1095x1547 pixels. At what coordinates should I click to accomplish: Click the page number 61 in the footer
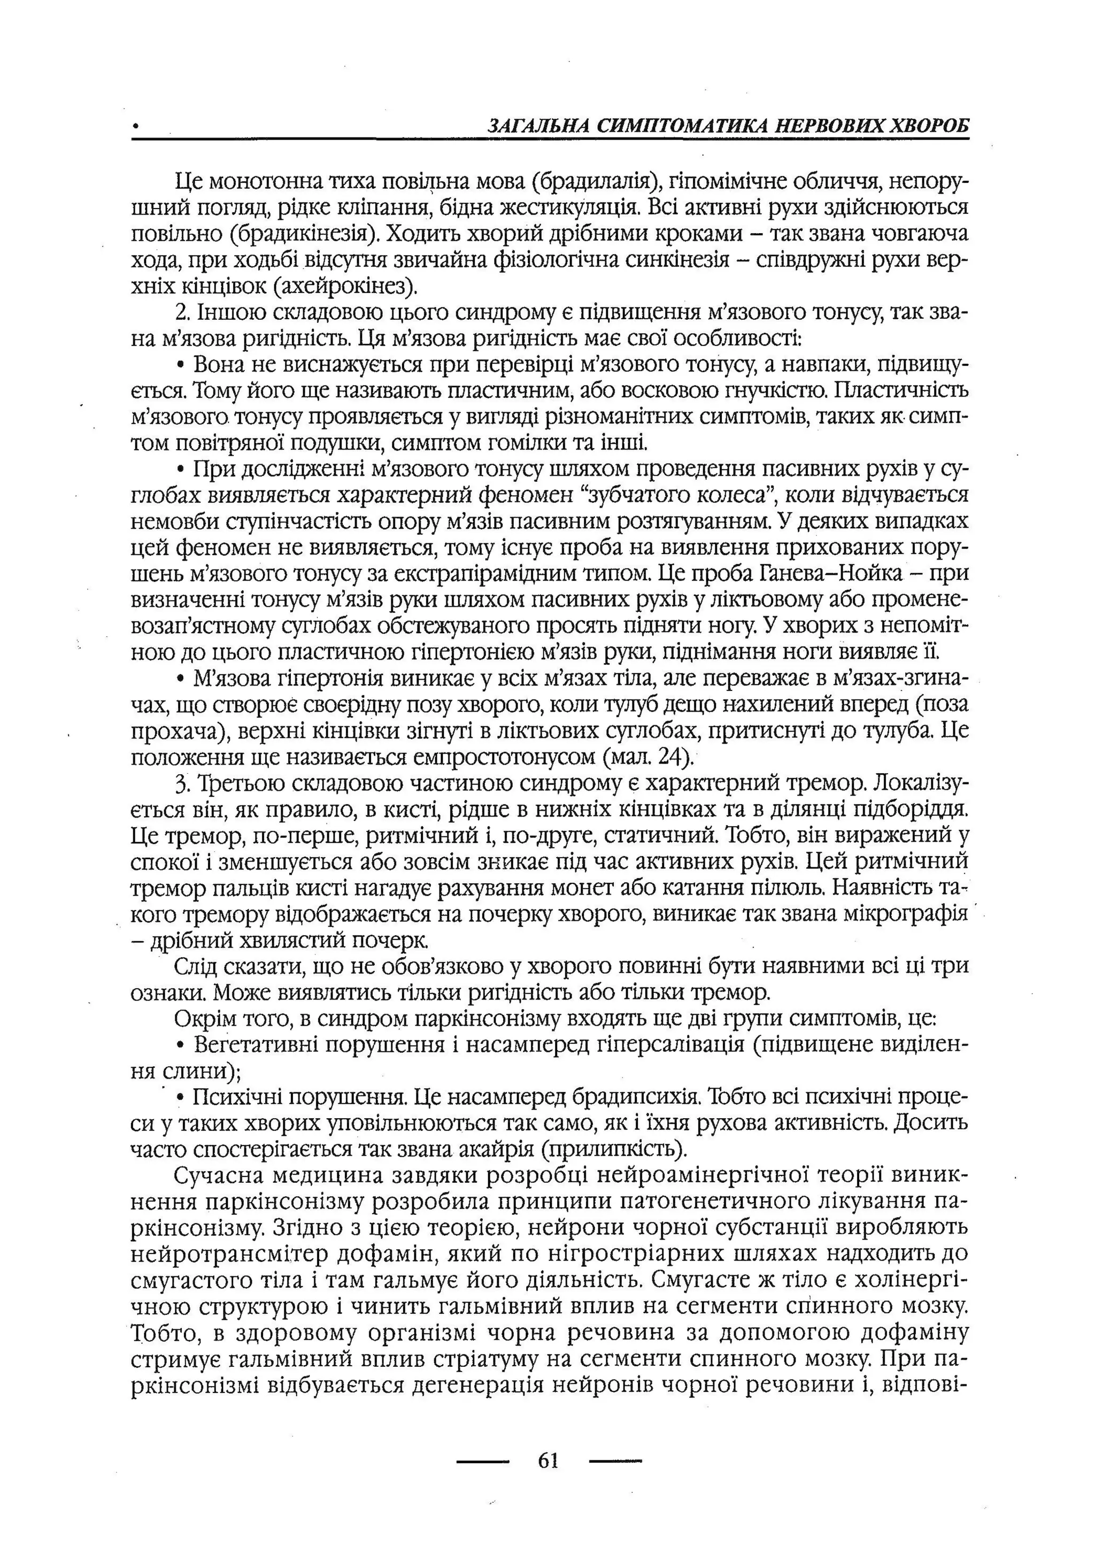pos(548,1461)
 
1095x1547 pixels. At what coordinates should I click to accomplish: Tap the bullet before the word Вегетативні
pos(180,1046)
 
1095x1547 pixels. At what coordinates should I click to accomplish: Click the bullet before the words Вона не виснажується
pos(180,366)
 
